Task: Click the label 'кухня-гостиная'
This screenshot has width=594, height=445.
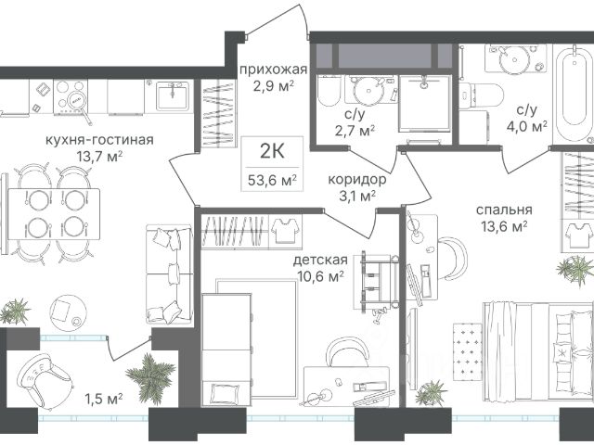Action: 99,140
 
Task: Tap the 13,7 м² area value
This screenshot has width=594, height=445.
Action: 99,157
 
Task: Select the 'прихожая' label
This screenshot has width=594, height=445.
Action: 273,70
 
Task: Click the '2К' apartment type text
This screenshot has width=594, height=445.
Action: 272,151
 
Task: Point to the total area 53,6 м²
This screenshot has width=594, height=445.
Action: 272,180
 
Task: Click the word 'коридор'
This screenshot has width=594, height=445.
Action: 356,179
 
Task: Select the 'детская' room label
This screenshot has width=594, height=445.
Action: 320,260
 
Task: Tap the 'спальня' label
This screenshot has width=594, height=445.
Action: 504,210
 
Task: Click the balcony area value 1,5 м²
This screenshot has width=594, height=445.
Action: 103,399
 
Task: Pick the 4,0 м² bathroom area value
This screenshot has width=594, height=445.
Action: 527,126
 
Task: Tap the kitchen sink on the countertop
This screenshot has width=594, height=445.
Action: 173,96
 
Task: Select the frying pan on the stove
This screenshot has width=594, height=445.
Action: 81,105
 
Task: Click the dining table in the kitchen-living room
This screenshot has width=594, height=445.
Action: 54,214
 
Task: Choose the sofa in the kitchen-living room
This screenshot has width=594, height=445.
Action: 170,274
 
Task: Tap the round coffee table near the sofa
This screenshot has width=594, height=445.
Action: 68,313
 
